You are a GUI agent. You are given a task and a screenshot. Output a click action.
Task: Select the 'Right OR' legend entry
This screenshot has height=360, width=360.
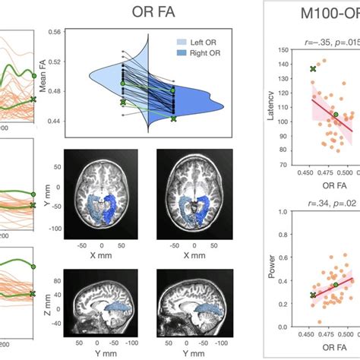click(x=175, y=58)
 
